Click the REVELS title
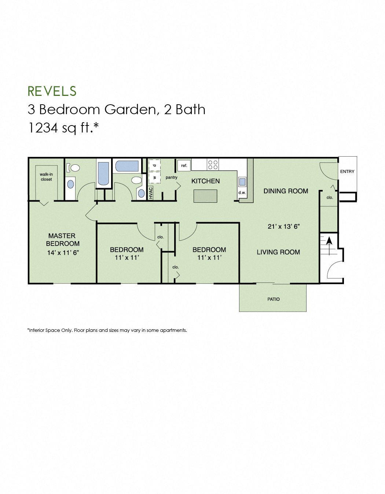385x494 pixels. click(x=52, y=91)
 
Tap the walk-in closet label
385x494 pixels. click(x=46, y=177)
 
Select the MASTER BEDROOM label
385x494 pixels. click(x=62, y=240)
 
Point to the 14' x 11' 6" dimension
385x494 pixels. click(x=63, y=252)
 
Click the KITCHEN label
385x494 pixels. click(x=205, y=181)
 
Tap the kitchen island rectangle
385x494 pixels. click(x=205, y=196)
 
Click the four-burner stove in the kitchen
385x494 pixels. click(x=213, y=165)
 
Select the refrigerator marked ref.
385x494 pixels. click(x=184, y=165)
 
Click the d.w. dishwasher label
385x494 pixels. click(x=242, y=192)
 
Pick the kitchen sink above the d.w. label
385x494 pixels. click(x=242, y=181)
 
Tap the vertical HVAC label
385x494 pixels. click(x=151, y=193)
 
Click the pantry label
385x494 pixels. click(x=171, y=177)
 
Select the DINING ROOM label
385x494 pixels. click(x=286, y=191)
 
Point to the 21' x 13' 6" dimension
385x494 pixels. click(x=283, y=227)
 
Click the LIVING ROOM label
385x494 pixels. click(x=278, y=252)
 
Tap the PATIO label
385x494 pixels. click(x=274, y=299)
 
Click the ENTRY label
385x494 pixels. click(x=347, y=171)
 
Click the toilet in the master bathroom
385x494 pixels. click(x=75, y=168)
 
